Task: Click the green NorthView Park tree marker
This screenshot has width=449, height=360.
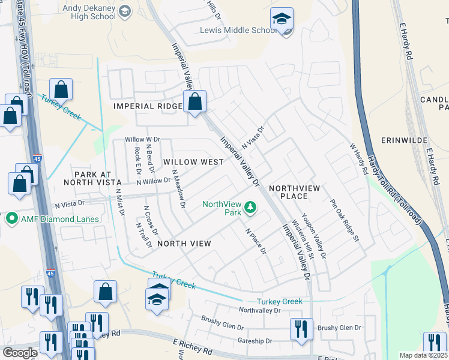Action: [250, 209]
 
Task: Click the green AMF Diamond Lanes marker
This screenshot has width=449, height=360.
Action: [11, 219]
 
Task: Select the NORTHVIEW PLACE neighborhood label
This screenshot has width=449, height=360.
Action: [297, 193]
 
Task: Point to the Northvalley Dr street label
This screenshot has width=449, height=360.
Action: [259, 310]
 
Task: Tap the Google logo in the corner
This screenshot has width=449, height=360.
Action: [20, 352]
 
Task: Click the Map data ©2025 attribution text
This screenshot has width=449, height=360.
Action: [424, 355]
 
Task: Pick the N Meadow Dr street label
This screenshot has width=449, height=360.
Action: [178, 188]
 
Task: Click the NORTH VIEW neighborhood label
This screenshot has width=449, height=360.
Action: [184, 243]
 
